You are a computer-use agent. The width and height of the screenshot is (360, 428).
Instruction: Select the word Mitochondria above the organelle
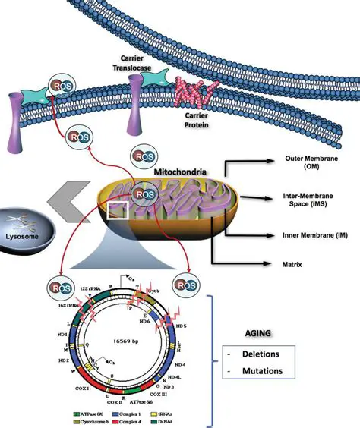[179, 172]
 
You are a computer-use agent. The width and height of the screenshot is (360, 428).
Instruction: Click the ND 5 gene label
[203, 327]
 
